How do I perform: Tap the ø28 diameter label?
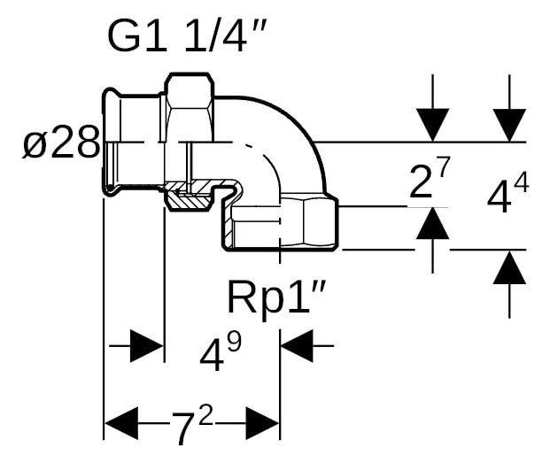[x=60, y=143]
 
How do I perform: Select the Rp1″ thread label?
[x=275, y=298]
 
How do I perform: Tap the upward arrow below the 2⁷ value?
[x=432, y=225]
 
